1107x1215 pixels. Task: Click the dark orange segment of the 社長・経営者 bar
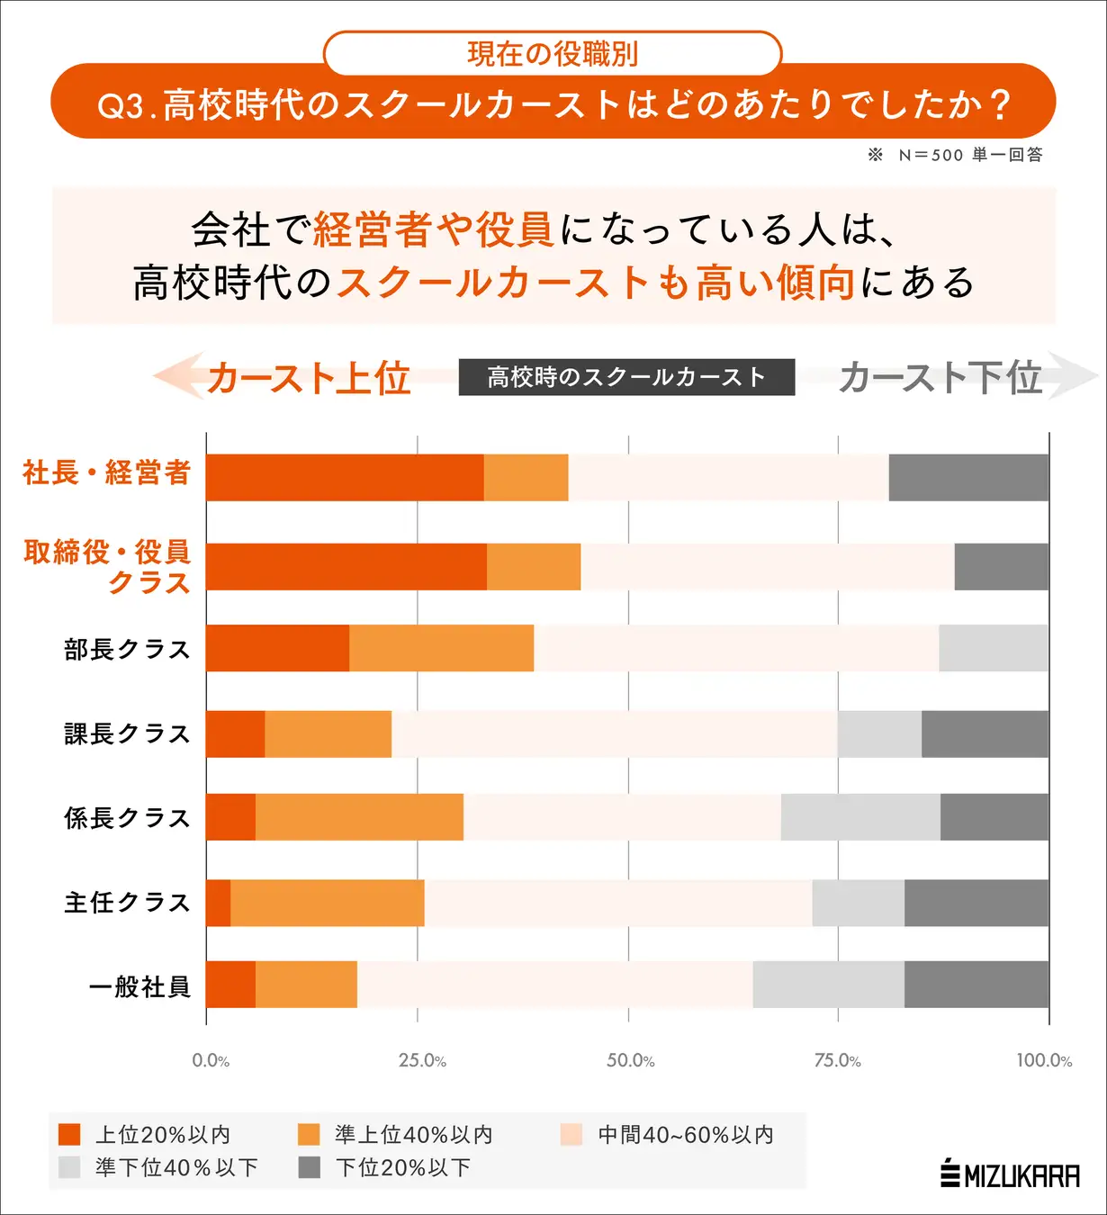[x=345, y=477]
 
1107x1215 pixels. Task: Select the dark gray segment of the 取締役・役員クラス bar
[x=1001, y=567]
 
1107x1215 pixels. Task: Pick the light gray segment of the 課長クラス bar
[x=879, y=733]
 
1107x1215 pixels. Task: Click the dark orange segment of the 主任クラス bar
[x=219, y=903]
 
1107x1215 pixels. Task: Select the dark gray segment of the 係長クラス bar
[x=994, y=817]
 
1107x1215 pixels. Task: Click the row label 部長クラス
[x=127, y=649]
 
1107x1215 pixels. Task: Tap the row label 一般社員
[x=139, y=986]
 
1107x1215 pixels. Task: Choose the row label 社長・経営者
[x=106, y=472]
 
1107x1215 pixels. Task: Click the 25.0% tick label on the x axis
[x=422, y=1060]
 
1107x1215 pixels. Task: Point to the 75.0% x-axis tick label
[x=837, y=1060]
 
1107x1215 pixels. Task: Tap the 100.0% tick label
[x=1044, y=1060]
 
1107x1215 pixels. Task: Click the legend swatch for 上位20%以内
[x=69, y=1134]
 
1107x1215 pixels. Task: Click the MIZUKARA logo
[x=1010, y=1175]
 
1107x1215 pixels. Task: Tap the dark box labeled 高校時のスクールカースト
[x=626, y=377]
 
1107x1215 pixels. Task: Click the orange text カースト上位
[x=308, y=378]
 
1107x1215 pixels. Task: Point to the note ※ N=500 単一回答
[x=955, y=155]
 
